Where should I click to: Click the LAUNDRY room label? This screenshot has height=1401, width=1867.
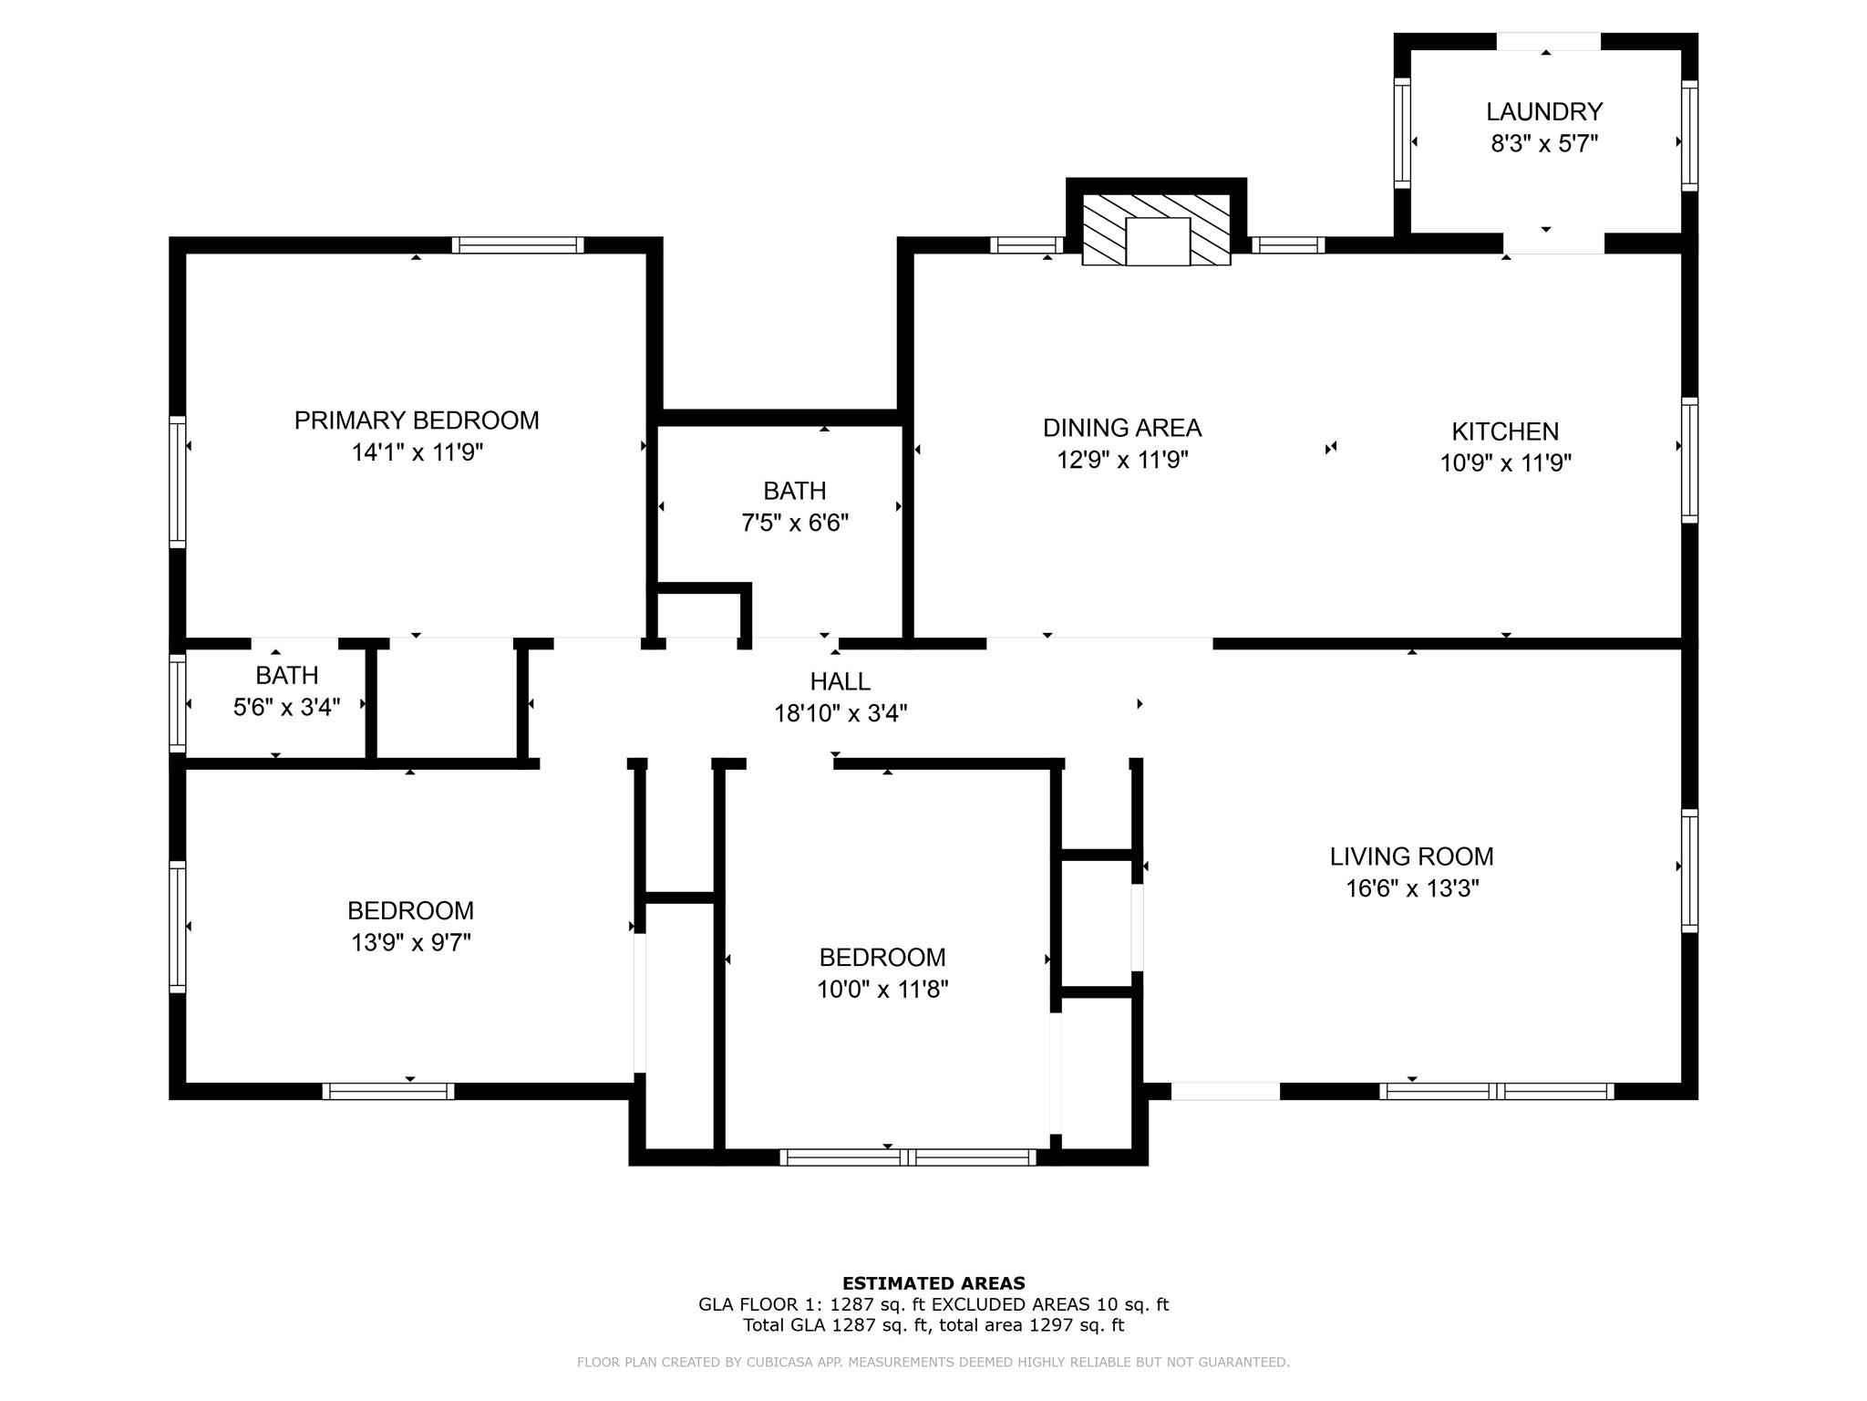click(x=1543, y=111)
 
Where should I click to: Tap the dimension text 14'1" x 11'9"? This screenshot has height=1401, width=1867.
click(x=417, y=452)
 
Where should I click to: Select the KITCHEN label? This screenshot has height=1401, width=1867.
click(x=1504, y=431)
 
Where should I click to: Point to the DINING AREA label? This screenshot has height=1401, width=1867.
click(x=1121, y=428)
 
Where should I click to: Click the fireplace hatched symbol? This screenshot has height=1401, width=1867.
click(x=1156, y=230)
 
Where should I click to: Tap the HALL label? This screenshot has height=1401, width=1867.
click(x=840, y=681)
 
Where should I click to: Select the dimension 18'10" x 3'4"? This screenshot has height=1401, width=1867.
click(x=840, y=713)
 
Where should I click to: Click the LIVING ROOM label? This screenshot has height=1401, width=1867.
click(x=1411, y=856)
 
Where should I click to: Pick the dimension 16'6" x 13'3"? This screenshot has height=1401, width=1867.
click(x=1411, y=888)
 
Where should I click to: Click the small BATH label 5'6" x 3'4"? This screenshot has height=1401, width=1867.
click(x=286, y=676)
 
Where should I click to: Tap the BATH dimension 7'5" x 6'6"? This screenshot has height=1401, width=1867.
click(x=794, y=524)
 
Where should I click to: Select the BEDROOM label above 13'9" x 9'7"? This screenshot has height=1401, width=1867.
click(x=410, y=910)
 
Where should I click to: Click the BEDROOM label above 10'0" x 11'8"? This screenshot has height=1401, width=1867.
click(x=882, y=957)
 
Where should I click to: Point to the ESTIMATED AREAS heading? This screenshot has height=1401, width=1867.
click(x=933, y=1283)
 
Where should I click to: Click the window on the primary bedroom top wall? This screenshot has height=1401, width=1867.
click(x=517, y=244)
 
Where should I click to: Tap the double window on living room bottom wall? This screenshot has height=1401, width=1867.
click(x=1496, y=1091)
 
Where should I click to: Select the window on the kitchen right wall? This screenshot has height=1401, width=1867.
click(x=1689, y=460)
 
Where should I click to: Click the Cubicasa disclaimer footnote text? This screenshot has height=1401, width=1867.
click(x=933, y=1363)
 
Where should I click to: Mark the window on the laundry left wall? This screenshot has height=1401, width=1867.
click(x=1402, y=133)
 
